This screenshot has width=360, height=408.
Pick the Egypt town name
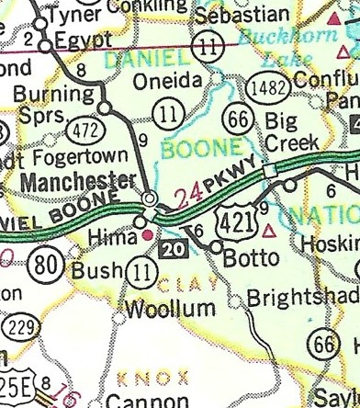click(84, 40)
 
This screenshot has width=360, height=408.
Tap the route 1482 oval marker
click(266, 86)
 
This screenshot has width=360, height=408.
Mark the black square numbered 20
click(171, 248)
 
